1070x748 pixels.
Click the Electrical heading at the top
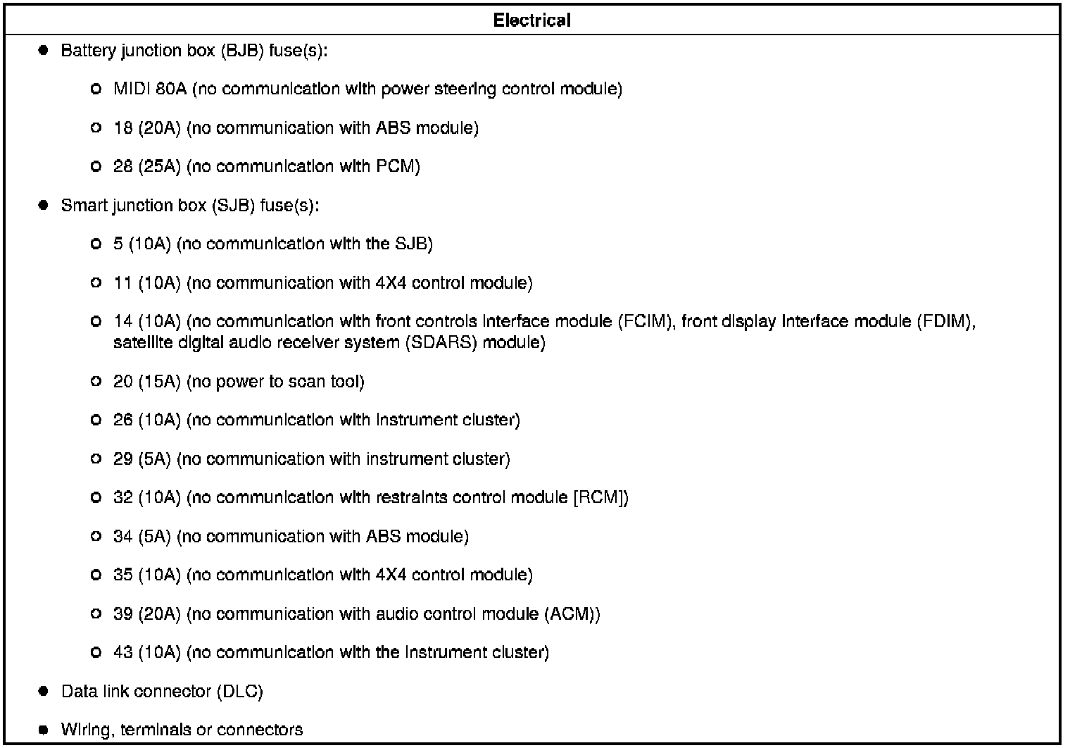(531, 20)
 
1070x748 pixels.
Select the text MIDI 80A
(150, 89)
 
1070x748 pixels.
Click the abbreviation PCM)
(398, 167)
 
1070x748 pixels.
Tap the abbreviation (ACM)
(572, 614)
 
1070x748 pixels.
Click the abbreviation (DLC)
(239, 692)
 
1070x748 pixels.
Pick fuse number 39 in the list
(122, 614)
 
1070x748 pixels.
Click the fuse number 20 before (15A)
(122, 382)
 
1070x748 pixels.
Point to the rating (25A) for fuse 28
(159, 167)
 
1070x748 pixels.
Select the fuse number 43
(122, 653)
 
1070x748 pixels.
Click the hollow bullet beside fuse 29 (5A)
(96, 459)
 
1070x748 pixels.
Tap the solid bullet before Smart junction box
(43, 206)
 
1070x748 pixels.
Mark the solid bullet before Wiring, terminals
(43, 730)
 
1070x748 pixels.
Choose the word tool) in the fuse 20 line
(348, 382)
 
